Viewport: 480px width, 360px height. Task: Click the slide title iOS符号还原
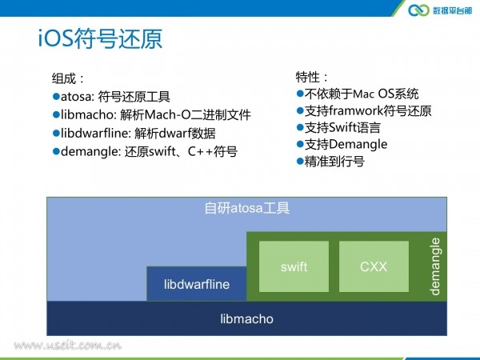[x=100, y=38]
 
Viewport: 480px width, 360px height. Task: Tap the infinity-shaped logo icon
[x=418, y=10]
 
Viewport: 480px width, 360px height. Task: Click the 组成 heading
[x=64, y=78]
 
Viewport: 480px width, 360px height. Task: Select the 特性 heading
[x=307, y=77]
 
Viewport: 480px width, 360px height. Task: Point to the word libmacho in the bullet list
[x=87, y=114]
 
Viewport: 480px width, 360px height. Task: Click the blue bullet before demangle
[x=56, y=151]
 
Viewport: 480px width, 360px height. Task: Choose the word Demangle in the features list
[x=358, y=145]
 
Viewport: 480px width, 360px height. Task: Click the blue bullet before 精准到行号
[x=300, y=161]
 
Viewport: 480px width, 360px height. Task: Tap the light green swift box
[x=294, y=266]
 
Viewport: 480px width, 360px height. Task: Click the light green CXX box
[x=374, y=266]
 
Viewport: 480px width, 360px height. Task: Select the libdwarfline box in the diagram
[x=197, y=284]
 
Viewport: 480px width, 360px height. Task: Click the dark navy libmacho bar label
[x=246, y=319]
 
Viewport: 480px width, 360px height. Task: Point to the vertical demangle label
[x=434, y=266]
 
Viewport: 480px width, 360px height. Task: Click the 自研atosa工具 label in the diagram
[x=246, y=208]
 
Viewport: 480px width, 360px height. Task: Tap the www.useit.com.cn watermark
[x=67, y=346]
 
